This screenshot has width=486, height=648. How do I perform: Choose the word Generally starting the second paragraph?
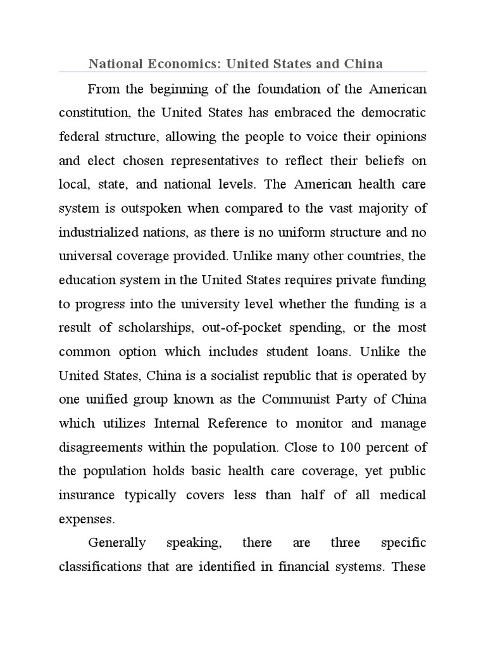pos(117,544)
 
